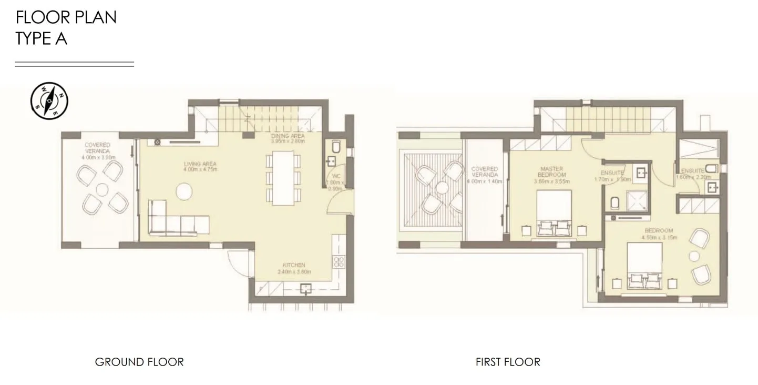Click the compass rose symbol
(x=49, y=100)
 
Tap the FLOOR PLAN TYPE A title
(x=66, y=28)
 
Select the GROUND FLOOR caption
(x=139, y=362)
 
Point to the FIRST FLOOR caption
(x=508, y=362)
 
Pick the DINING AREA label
(x=288, y=138)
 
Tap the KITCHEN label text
(x=294, y=268)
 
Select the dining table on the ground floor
(x=283, y=178)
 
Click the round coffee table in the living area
(x=185, y=190)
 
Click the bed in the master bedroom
(x=554, y=213)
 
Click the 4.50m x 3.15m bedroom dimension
(x=659, y=237)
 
